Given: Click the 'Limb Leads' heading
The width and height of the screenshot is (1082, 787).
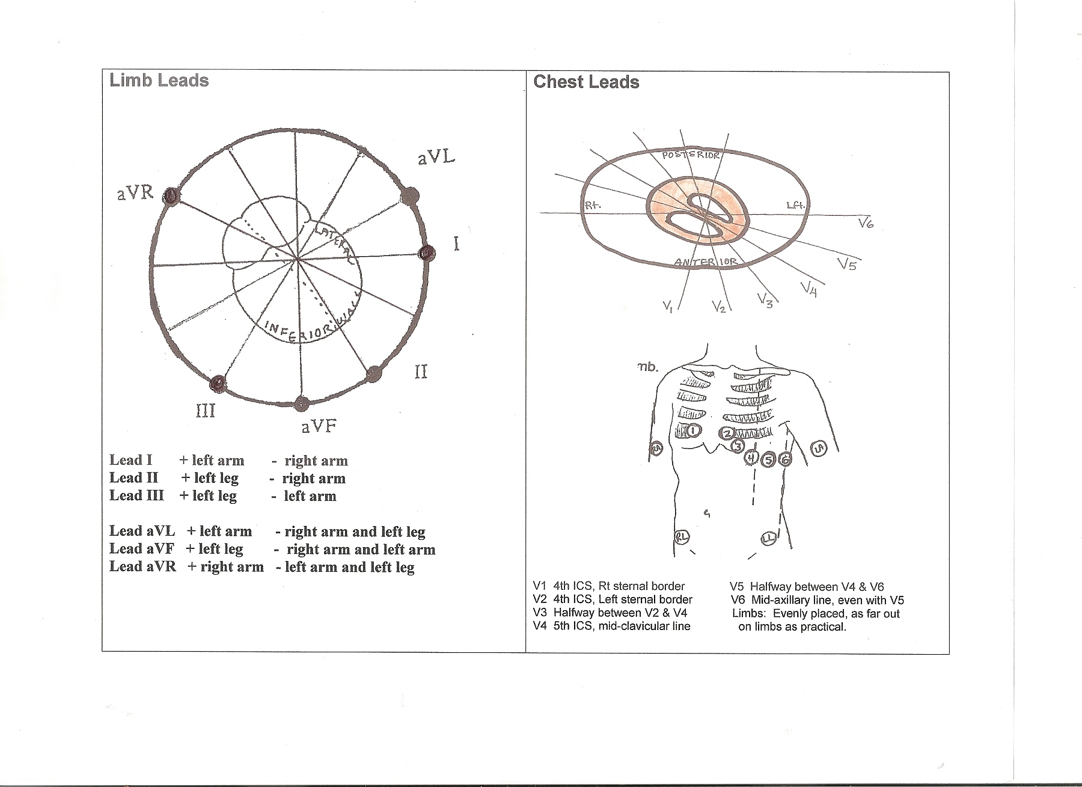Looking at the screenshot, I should point(159,81).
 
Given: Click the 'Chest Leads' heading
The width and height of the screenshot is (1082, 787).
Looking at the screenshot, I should point(586,82).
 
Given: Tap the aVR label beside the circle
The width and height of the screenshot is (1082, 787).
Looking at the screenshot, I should point(135,193).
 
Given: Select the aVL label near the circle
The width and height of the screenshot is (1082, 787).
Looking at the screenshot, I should point(436,158).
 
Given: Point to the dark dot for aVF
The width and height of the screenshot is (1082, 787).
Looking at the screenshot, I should point(302,403).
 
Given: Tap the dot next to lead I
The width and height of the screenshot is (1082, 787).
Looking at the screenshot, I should point(426,253).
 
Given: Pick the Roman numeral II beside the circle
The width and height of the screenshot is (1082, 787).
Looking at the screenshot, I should point(421,372).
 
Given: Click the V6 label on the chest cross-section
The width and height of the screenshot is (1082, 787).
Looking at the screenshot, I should point(866,224).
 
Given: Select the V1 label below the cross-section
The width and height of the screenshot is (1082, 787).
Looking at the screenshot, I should point(668,307).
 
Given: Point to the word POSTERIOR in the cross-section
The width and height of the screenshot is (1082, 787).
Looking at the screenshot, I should point(691,155).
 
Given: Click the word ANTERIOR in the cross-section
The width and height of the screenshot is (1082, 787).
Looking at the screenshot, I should point(706,262).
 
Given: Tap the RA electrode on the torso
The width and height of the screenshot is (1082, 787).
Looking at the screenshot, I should point(657,448).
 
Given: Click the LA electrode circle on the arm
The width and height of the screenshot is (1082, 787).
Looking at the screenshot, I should point(819,449).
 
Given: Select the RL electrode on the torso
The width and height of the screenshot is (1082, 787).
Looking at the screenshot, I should point(681,537).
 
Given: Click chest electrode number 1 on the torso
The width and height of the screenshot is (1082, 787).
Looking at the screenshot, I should point(694,430).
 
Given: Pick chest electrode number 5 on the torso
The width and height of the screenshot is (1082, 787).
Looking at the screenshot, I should point(768,461).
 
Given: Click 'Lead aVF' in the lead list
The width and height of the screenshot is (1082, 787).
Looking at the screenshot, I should point(142,548).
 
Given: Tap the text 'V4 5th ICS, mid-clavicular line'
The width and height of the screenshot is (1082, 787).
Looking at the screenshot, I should point(611,626).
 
